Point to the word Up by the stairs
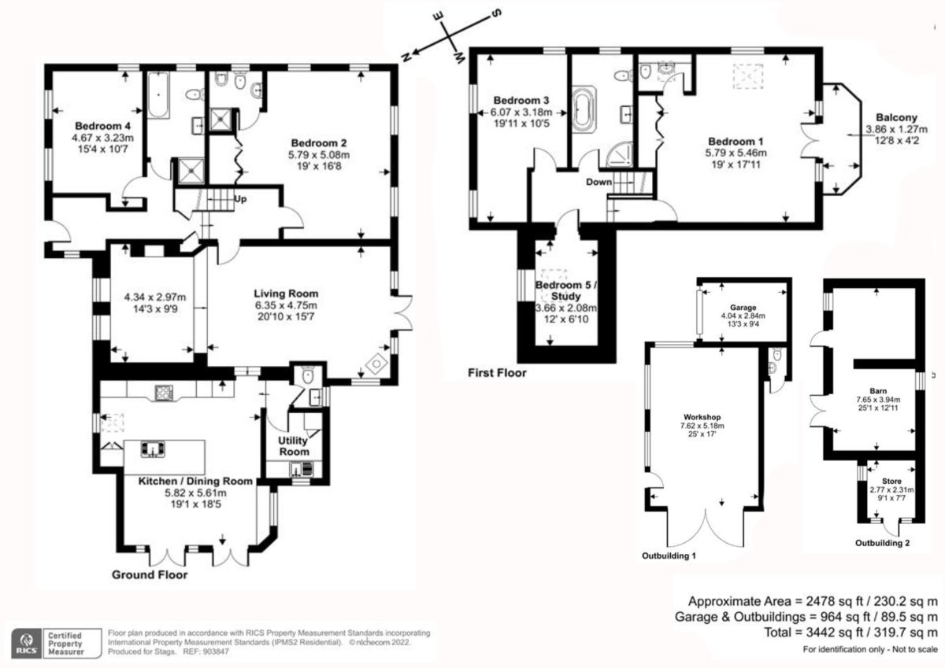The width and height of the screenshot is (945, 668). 241,199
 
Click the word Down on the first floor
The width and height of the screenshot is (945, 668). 598,182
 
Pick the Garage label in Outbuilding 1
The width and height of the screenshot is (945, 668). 743,307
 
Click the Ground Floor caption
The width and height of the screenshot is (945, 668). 150,575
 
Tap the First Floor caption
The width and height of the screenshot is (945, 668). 497,373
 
